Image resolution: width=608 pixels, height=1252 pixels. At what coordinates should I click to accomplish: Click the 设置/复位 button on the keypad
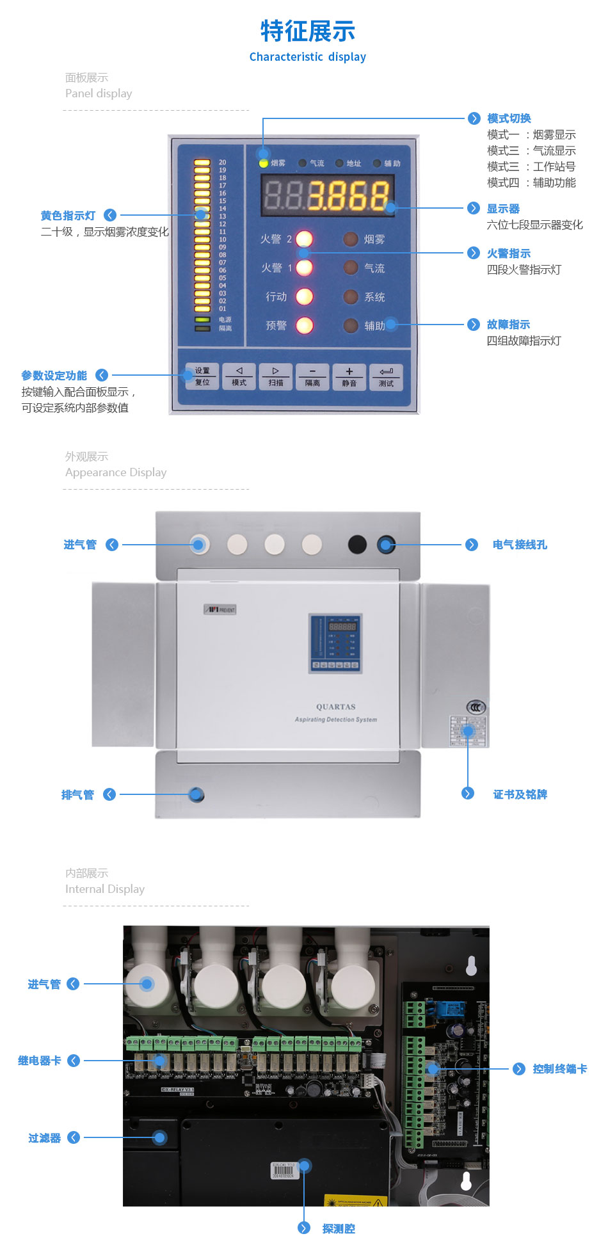(x=202, y=376)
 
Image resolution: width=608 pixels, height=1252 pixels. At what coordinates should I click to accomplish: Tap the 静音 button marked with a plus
(x=349, y=376)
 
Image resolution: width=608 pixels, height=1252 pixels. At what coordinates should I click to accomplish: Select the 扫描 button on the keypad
(x=276, y=376)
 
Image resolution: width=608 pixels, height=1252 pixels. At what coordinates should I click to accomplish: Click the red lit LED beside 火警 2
(x=304, y=239)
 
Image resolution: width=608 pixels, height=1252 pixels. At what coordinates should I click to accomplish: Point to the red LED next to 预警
(x=304, y=325)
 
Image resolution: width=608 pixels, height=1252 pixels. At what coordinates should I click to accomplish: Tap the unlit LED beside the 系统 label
(x=350, y=297)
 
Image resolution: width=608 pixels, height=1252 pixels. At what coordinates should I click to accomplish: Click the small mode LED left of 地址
(x=339, y=163)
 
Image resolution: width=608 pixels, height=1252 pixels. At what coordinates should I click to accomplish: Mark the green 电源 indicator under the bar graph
(x=202, y=319)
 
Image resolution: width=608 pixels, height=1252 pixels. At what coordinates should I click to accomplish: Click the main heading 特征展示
(x=308, y=31)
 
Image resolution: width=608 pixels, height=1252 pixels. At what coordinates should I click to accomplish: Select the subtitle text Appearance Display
(x=116, y=472)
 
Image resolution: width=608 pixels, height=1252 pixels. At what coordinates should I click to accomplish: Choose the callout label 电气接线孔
(x=520, y=545)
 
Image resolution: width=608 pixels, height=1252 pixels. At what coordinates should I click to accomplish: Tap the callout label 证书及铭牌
(x=520, y=794)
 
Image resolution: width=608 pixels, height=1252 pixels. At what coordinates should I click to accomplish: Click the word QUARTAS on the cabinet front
(x=335, y=707)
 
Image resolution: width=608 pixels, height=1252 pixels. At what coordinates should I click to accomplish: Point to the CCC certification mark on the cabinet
(x=476, y=707)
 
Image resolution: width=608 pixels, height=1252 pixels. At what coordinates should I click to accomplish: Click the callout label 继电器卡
(x=40, y=1061)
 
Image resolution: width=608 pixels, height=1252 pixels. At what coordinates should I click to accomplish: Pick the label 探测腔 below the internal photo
(x=339, y=1228)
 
